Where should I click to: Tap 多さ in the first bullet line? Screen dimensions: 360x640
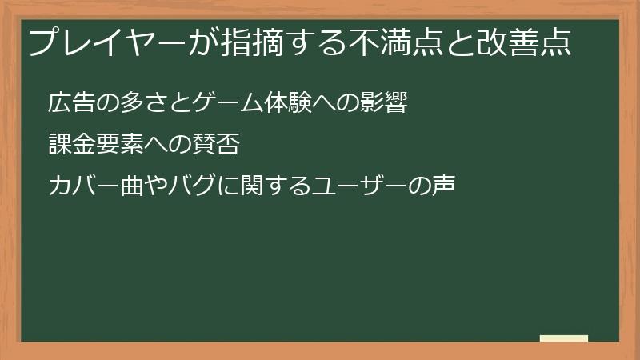[x=136, y=104]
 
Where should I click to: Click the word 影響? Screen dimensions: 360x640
[x=387, y=104]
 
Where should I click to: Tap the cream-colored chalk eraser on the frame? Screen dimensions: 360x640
[x=564, y=338]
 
